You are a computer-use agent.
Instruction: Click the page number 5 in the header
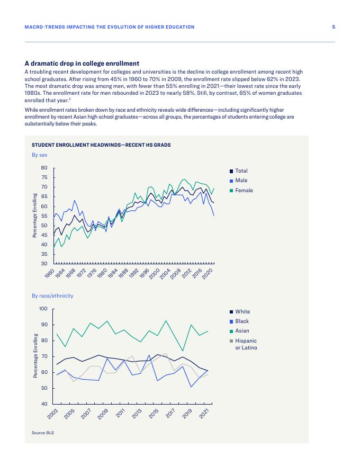[334, 27]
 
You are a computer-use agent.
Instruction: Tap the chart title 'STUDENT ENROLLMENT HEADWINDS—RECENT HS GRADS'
[101, 145]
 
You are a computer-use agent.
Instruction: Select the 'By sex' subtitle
[40, 155]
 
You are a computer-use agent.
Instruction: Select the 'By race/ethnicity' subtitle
[52, 296]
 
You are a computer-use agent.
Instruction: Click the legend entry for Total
[241, 171]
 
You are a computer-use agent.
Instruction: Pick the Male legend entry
[241, 181]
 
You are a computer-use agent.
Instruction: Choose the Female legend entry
[244, 191]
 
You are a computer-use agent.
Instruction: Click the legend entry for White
[242, 312]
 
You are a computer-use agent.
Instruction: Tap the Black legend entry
[241, 321]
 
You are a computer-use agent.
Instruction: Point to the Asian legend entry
[241, 331]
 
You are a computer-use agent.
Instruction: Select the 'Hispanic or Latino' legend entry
[245, 344]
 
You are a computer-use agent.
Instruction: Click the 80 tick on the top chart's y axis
[45, 168]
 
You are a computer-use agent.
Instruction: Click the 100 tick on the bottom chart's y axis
[43, 309]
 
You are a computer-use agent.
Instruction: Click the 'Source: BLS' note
[43, 433]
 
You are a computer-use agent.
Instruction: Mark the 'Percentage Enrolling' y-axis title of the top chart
[34, 216]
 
